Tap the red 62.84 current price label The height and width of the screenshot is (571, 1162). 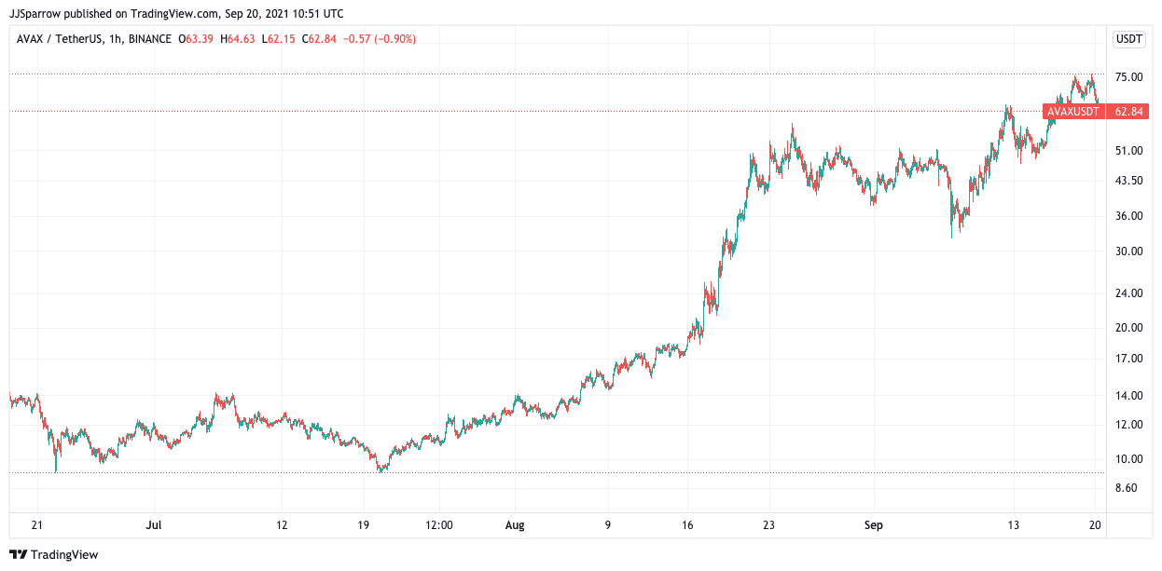click(x=1128, y=112)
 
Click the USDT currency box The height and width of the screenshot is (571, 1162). click(x=1129, y=39)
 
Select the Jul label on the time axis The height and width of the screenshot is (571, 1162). click(x=154, y=525)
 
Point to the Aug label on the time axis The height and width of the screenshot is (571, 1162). click(x=515, y=525)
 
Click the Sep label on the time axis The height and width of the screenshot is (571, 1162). click(x=873, y=525)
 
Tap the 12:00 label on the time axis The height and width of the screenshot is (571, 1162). click(x=439, y=525)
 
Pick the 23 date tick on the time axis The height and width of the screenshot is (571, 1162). click(x=768, y=525)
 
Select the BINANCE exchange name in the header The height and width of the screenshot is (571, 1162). click(x=149, y=39)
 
